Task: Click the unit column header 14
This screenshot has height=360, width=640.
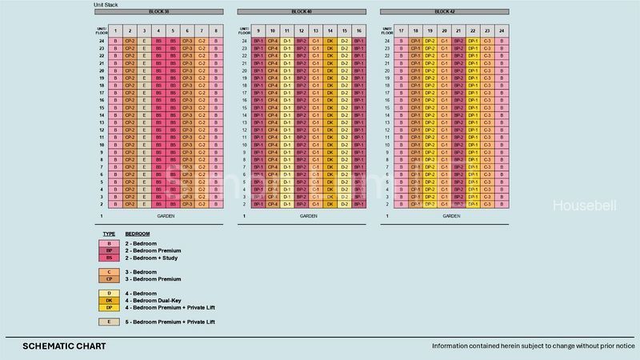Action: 330,30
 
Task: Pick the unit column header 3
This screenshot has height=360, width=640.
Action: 144,30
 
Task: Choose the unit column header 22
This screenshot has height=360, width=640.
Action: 473,30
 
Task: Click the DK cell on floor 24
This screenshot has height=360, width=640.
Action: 330,40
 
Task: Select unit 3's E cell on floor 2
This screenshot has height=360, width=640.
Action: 144,205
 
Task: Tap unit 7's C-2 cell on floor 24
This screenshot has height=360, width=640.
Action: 202,40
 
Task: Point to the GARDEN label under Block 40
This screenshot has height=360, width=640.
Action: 309,216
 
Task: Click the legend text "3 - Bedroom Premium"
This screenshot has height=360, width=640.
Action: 150,279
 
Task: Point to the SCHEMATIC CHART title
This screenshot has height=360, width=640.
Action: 65,346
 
